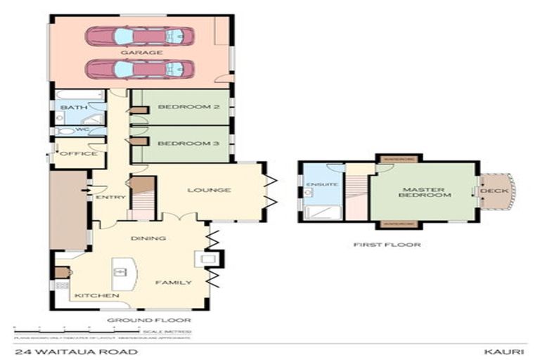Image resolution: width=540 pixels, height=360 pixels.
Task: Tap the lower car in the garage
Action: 140,69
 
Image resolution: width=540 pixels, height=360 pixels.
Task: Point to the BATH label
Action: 72,108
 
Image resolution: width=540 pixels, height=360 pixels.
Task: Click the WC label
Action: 72,130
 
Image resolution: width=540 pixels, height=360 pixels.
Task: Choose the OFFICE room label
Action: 78,153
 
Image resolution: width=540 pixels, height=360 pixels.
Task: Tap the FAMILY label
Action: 174,283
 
